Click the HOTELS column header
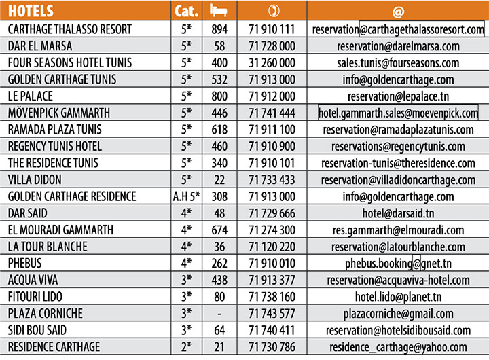(33, 12)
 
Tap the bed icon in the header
(218, 11)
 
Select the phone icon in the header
(272, 12)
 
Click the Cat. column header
(186, 12)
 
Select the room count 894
(219, 30)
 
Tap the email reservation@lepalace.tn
(397, 96)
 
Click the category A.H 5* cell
(186, 197)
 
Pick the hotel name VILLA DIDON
(35, 180)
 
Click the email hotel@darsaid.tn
(397, 213)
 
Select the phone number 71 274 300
(272, 230)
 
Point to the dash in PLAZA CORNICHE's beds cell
(219, 314)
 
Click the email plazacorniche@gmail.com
(397, 314)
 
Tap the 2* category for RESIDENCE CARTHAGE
(186, 347)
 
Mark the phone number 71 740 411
(272, 331)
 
